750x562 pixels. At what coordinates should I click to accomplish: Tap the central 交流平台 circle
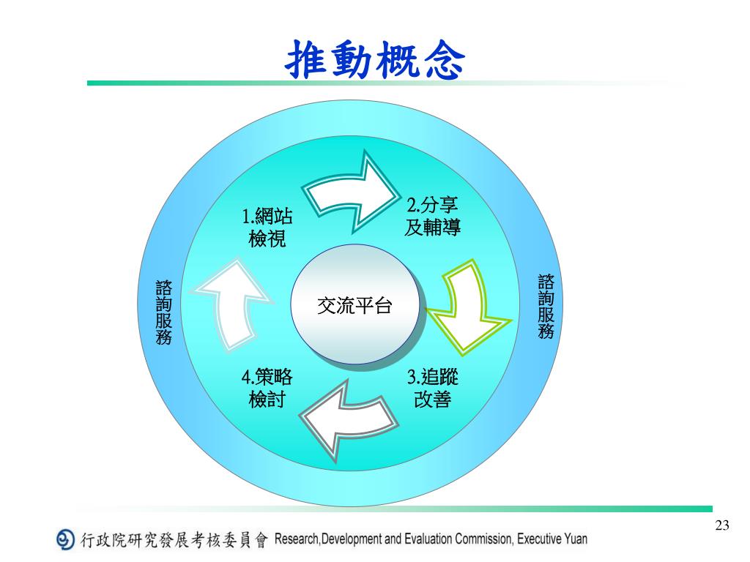click(354, 305)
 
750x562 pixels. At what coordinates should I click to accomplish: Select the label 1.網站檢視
click(267, 228)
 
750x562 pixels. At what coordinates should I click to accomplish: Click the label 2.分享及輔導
click(432, 216)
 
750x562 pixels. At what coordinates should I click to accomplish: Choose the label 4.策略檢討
click(267, 389)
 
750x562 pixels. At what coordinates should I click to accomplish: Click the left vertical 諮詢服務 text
click(164, 311)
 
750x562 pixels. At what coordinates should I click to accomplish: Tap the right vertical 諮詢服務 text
click(546, 307)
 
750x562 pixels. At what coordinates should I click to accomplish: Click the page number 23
click(722, 525)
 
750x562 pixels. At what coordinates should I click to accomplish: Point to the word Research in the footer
click(295, 540)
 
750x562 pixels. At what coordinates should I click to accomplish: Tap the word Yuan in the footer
click(576, 540)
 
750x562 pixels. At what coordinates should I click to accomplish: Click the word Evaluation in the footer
click(427, 540)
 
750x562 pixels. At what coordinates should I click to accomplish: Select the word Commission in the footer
click(483, 540)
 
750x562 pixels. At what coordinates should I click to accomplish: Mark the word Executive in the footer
click(539, 540)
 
